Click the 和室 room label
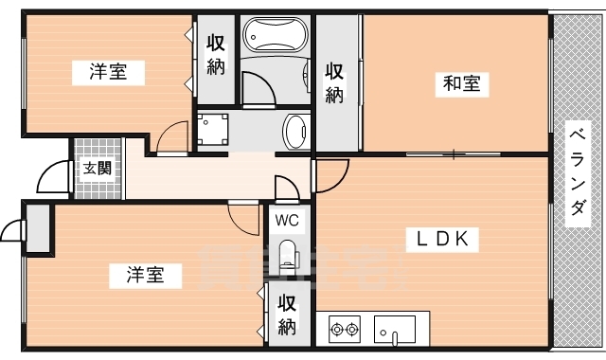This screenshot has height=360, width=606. pos(461,83)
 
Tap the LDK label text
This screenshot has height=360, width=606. pos(437,239)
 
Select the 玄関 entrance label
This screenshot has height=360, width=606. pos(96,169)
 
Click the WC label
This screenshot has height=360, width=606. pos(287,220)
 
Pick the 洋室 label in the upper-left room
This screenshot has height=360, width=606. pos(110,71)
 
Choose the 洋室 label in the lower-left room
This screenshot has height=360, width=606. pos(146,275)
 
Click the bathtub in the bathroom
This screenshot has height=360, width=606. pos(276,38)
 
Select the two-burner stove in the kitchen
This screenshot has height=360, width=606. pos(344,330)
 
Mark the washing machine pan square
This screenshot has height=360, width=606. pos(213,129)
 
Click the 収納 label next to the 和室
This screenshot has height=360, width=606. pos(334,81)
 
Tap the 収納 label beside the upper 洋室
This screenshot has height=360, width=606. pos(215,55)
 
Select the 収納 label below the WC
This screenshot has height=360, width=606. pos(287,315)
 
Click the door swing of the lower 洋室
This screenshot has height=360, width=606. pos(245,219)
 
